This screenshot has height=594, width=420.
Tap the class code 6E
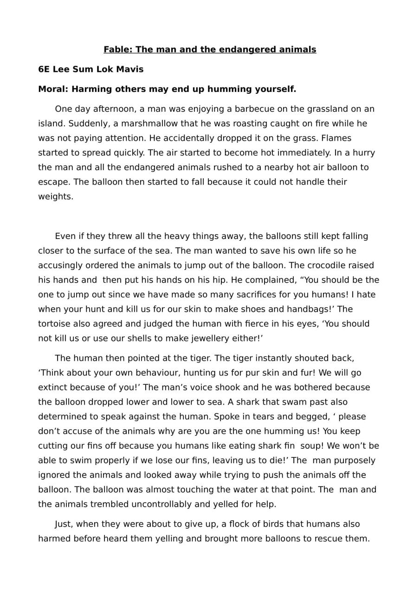(44, 69)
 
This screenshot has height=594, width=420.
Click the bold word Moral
(52, 89)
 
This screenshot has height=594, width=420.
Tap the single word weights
(55, 196)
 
